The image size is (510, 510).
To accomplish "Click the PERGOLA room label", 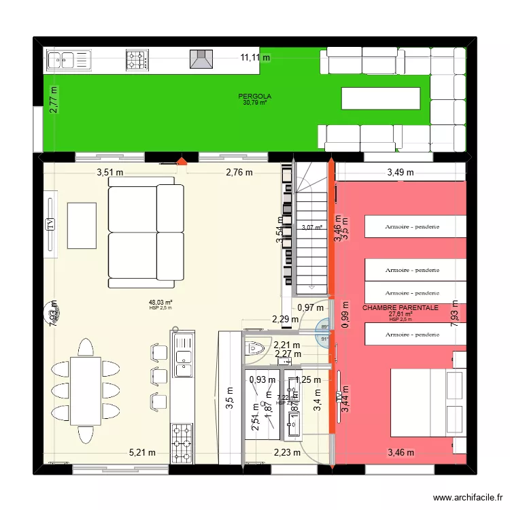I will (255, 97).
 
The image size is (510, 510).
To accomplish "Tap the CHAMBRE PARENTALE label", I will (401, 308).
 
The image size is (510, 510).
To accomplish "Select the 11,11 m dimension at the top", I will (255, 58).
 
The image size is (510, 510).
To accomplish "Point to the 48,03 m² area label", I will (160, 303).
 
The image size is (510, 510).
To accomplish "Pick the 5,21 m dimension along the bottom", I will (142, 452).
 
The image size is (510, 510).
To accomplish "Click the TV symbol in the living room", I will (50, 225).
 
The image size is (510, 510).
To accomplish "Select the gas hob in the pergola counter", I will (137, 61).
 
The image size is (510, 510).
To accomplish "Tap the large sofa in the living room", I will (146, 232).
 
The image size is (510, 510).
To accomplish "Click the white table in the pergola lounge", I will (380, 98).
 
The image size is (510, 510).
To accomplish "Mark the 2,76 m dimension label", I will (239, 172).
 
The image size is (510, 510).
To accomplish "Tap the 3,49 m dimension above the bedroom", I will (401, 172).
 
